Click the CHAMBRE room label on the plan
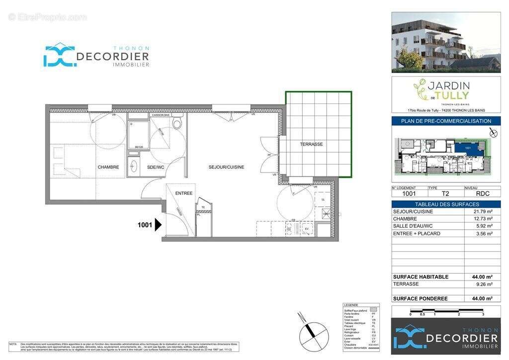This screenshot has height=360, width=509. [x=108, y=167]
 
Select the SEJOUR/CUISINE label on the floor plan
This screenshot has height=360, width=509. [x=226, y=167]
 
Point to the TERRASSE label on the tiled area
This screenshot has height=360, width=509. [x=311, y=144]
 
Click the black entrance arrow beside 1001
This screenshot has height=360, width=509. [x=159, y=225]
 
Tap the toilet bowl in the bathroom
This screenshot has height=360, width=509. [x=177, y=122]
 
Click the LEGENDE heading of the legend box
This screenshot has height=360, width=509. [x=351, y=305]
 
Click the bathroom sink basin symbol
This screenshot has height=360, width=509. [x=133, y=167]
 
